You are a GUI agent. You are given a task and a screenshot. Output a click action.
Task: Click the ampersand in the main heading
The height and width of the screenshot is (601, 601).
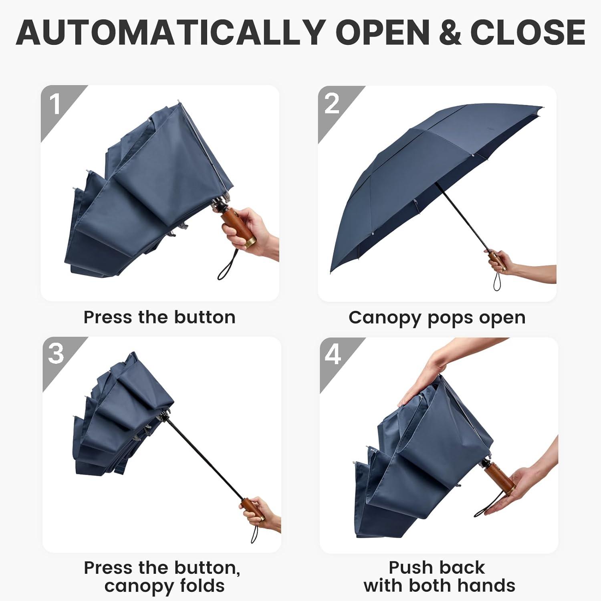(x=450, y=32)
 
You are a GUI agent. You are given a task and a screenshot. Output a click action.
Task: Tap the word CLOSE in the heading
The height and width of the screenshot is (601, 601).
(x=528, y=32)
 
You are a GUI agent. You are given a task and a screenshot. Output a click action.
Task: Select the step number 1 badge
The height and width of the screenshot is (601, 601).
(x=56, y=104)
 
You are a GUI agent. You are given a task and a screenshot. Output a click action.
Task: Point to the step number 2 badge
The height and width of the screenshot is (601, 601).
(x=333, y=104)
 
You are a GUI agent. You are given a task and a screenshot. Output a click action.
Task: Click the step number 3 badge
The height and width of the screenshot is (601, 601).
(x=56, y=355)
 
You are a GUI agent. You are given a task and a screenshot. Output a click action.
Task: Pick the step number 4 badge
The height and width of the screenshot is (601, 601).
(x=333, y=355)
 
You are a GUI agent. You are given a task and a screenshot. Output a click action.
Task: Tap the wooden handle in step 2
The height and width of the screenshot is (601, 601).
(x=498, y=261)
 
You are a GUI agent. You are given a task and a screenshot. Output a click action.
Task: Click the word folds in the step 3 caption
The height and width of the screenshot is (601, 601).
(x=202, y=586)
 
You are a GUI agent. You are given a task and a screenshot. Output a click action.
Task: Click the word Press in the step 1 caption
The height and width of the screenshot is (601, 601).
(x=108, y=317)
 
